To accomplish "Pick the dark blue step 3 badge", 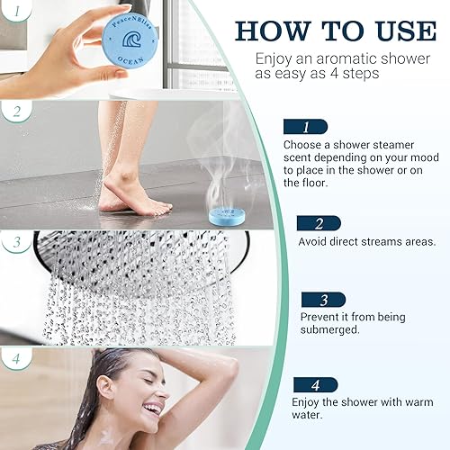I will (317, 300).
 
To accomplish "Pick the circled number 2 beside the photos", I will (15, 113).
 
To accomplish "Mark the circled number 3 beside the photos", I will (15, 243).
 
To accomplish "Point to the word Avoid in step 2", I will (313, 242).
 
